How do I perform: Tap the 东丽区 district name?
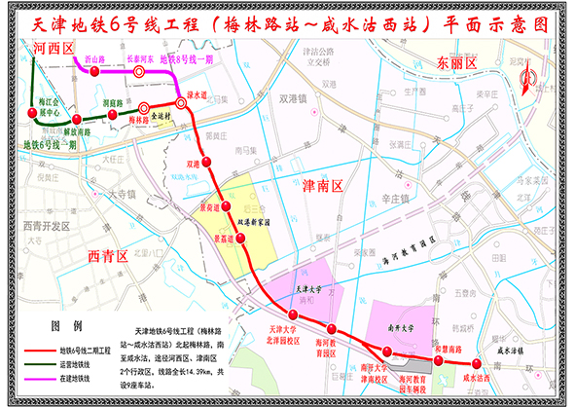coord(456,63)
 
